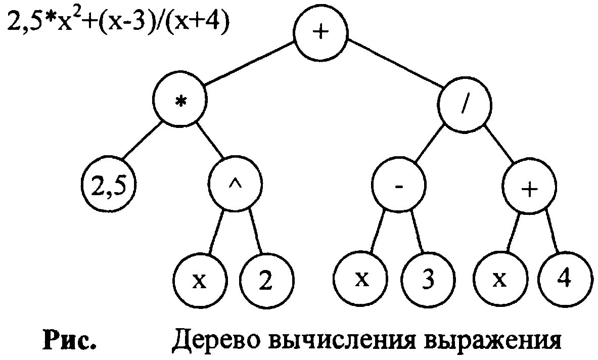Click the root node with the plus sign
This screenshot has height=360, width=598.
[x=320, y=33]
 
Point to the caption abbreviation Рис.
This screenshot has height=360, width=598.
[x=69, y=340]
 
